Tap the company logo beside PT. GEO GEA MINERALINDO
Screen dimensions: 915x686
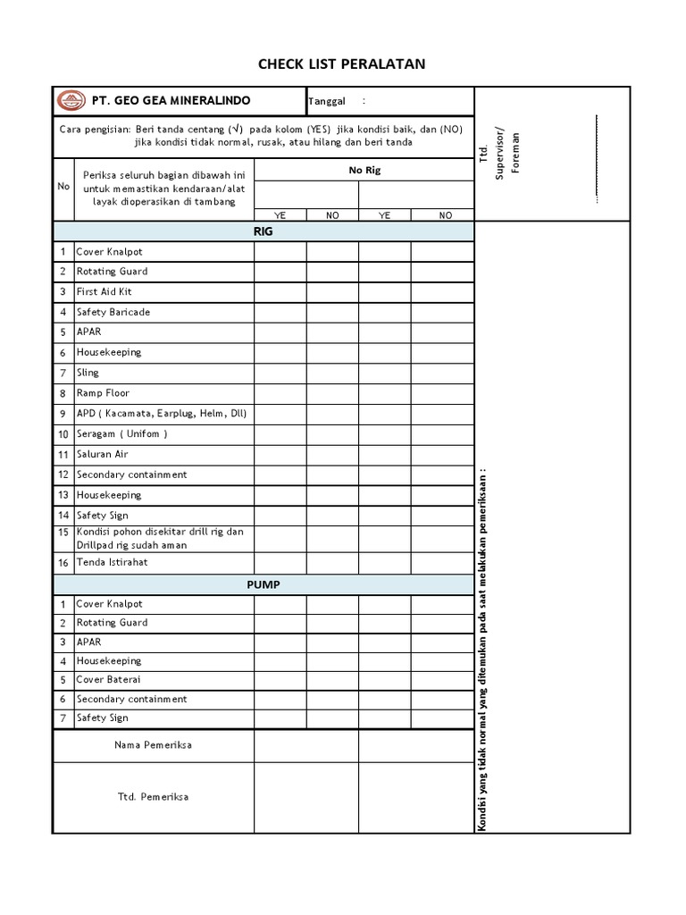click(x=70, y=101)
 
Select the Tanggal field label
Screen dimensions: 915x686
click(x=327, y=101)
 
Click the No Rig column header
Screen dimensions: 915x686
click(x=364, y=170)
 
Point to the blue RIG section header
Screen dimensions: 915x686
click(x=264, y=231)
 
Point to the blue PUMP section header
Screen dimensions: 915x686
click(x=264, y=584)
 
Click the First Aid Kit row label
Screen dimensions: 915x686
click(x=105, y=291)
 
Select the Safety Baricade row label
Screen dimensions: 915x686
click(x=113, y=312)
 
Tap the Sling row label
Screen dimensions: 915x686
click(x=88, y=373)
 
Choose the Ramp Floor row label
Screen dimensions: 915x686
click(x=103, y=393)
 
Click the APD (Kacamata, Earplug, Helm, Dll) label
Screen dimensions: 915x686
click(x=162, y=414)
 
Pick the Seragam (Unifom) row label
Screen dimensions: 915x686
click(x=122, y=434)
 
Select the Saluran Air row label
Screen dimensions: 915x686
click(x=103, y=454)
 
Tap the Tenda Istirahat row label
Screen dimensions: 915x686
click(x=113, y=562)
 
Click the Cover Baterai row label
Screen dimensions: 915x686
click(x=108, y=679)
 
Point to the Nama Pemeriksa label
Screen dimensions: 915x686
click(x=153, y=744)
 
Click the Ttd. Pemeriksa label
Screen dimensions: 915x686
click(x=153, y=797)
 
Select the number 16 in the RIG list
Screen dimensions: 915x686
click(x=63, y=562)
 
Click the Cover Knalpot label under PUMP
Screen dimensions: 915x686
click(x=110, y=604)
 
